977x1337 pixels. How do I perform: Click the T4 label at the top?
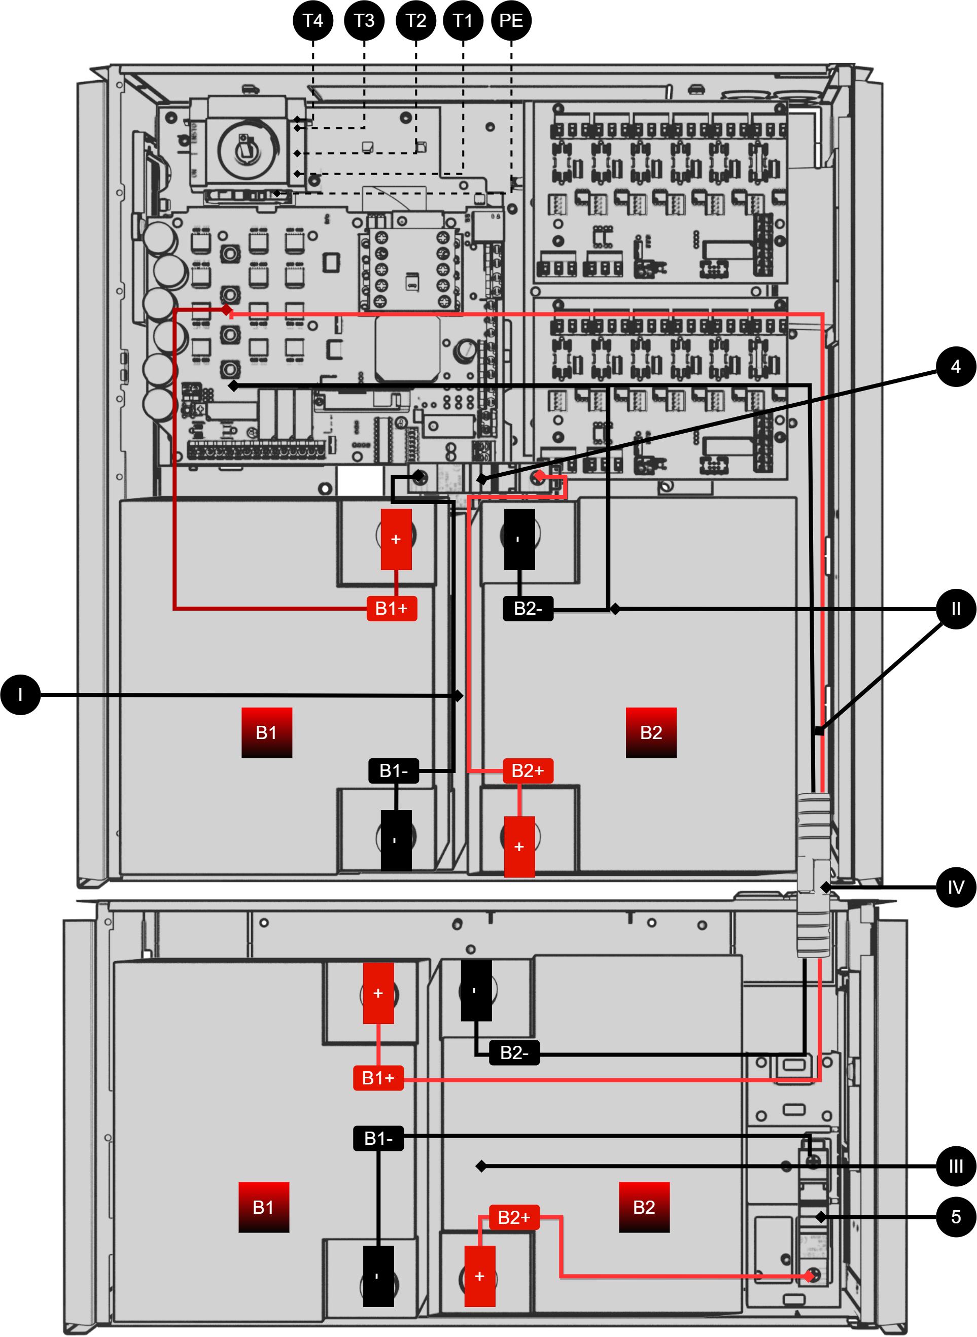click(312, 21)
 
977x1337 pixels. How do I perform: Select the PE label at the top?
click(510, 21)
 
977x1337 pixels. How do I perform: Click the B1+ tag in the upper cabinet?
click(392, 608)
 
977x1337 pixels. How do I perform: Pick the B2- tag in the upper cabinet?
click(528, 608)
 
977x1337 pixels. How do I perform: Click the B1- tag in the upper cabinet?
click(393, 770)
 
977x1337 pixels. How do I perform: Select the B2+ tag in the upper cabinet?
click(528, 770)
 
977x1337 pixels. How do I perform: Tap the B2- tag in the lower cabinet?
click(514, 1052)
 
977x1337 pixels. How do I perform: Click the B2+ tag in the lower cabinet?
click(514, 1217)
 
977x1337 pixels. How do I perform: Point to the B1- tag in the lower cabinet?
click(378, 1138)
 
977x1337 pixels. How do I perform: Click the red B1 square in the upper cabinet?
click(266, 732)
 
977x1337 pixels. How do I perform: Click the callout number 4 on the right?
click(955, 367)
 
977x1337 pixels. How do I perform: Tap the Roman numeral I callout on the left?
click(20, 694)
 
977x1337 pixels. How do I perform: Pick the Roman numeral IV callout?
click(955, 887)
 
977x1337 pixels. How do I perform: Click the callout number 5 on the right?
click(955, 1216)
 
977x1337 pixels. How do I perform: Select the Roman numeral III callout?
click(955, 1166)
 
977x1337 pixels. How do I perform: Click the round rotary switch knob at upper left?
click(248, 149)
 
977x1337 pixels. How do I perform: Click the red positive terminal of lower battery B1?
click(378, 993)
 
